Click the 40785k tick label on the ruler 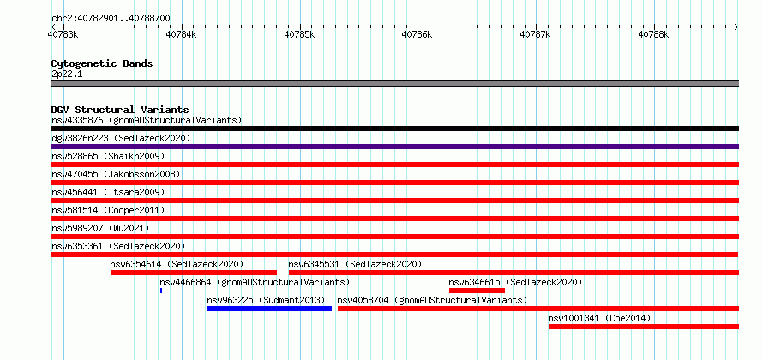click(x=300, y=34)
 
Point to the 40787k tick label click(x=536, y=34)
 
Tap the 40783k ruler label click(x=63, y=34)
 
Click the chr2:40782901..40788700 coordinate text click(x=111, y=18)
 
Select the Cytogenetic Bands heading click(x=102, y=63)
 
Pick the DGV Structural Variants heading click(x=120, y=110)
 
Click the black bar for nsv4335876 click(x=394, y=129)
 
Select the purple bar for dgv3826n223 click(x=394, y=147)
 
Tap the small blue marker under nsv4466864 click(x=161, y=291)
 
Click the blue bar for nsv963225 click(x=269, y=309)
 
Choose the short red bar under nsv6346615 click(x=477, y=291)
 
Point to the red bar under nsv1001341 click(x=644, y=327)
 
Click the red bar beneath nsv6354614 click(x=194, y=273)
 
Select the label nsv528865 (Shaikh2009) click(x=108, y=156)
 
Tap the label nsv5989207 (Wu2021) click(x=100, y=228)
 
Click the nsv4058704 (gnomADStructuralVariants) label click(x=432, y=300)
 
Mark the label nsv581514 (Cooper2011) click(x=108, y=210)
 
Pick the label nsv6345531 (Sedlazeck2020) click(x=355, y=264)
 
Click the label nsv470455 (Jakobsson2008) click(x=116, y=174)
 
